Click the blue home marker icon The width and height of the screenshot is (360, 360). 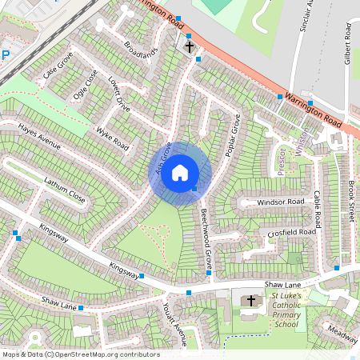pos(180,172)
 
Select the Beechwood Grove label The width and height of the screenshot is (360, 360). pos(206,236)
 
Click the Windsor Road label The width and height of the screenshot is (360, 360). pos(282,203)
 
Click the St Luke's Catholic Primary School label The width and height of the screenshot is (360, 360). pos(286,310)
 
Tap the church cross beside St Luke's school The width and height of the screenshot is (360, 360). pos(251,301)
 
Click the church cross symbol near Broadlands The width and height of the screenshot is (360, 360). pos(190,47)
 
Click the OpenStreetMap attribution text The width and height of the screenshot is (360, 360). pos(80,354)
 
